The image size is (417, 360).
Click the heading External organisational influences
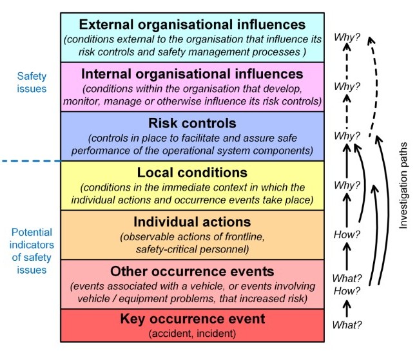point(191,24)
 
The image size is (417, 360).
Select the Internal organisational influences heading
point(191,73)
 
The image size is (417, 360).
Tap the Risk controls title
point(191,123)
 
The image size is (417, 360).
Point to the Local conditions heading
point(191,173)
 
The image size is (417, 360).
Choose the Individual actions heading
point(191,222)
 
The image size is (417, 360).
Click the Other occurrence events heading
point(191,271)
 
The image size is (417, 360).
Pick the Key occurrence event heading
point(191,319)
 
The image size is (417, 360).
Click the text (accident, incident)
point(191,333)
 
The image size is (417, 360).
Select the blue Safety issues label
point(32,82)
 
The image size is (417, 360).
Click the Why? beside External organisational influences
point(347,37)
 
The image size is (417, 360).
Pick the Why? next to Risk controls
point(347,137)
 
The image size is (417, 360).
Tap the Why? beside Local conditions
point(347,185)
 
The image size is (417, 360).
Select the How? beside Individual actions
point(347,235)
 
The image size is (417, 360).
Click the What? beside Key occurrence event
point(347,325)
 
